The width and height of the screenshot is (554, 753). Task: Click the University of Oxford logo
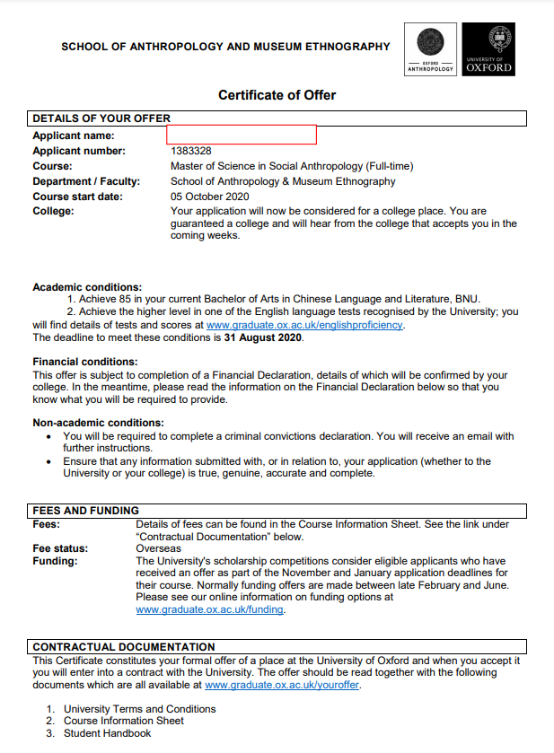[x=489, y=49]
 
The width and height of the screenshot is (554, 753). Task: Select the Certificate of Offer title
[x=277, y=95]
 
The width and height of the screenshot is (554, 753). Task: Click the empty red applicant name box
[x=242, y=135]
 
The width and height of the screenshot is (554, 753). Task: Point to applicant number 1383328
[x=191, y=151]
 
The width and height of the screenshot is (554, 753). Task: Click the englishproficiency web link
[x=304, y=325]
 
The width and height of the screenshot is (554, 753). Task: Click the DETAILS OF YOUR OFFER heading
[x=101, y=118]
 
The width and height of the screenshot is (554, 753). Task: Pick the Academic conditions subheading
[x=87, y=287]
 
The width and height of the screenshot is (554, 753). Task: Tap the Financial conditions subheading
[x=85, y=362]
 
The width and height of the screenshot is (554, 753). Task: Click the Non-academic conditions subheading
[x=98, y=423]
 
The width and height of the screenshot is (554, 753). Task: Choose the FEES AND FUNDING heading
[x=86, y=511]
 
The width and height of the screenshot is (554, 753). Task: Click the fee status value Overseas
[x=158, y=547]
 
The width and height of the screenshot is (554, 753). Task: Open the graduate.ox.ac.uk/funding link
[x=210, y=609]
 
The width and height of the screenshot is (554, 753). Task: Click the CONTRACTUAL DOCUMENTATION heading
[x=124, y=646]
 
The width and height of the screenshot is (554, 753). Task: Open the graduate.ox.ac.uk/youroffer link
[x=282, y=684]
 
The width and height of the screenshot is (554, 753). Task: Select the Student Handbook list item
[x=107, y=733]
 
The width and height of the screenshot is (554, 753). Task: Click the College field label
[x=53, y=211]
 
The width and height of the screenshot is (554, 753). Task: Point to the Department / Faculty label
[x=86, y=181]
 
